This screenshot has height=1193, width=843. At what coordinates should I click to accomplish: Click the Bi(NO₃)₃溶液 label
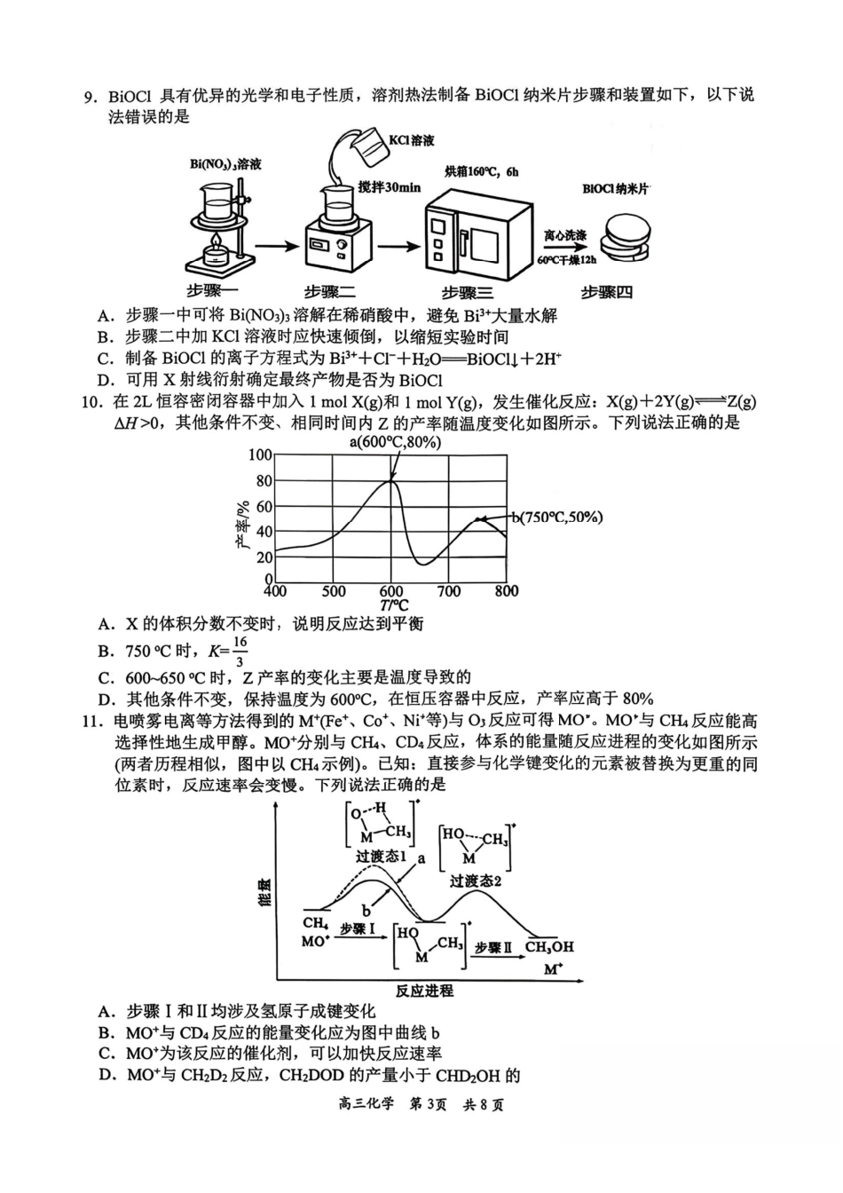225,164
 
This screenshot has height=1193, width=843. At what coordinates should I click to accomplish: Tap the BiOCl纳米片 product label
617,189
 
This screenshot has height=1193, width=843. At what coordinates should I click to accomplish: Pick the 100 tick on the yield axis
261,455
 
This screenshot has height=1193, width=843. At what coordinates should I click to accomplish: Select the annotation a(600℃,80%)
394,441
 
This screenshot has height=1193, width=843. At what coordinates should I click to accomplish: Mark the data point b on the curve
479,519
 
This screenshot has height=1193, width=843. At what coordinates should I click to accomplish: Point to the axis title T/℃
390,605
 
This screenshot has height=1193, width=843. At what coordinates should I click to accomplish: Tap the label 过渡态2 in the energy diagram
476,881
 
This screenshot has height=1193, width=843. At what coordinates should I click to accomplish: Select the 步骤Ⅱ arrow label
493,947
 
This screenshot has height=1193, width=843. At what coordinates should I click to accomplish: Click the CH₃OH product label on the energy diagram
549,947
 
